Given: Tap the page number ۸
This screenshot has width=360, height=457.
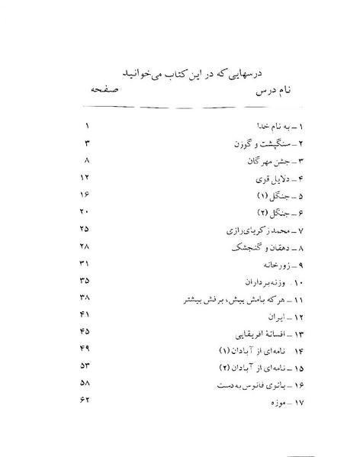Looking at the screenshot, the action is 88,160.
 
